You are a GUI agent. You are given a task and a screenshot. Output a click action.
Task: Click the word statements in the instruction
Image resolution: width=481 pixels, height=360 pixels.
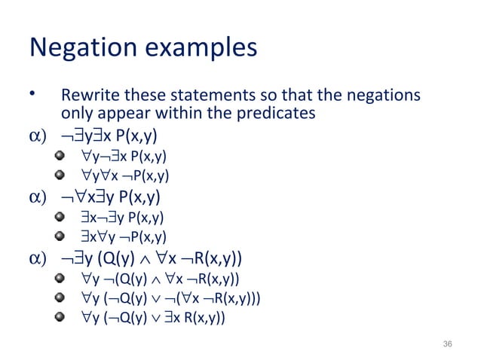pos(188,98)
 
